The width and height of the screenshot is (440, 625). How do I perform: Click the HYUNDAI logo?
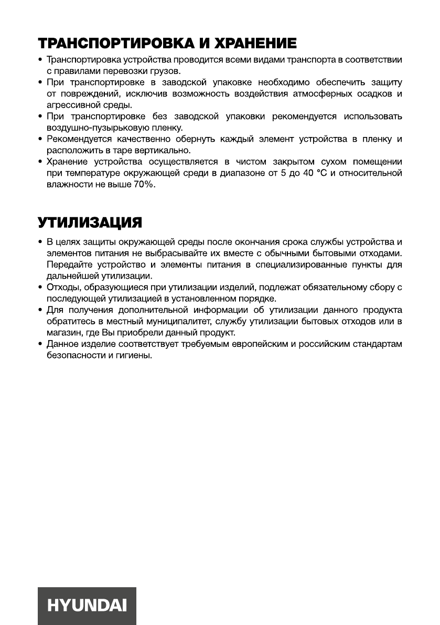pos(87,606)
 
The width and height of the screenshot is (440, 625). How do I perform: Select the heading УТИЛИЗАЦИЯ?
pos(89,223)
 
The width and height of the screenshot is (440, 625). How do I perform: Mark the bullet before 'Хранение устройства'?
pos(40,162)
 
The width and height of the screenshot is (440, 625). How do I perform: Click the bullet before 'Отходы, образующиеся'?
pos(40,287)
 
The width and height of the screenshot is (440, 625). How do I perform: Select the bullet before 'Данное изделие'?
pos(40,344)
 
